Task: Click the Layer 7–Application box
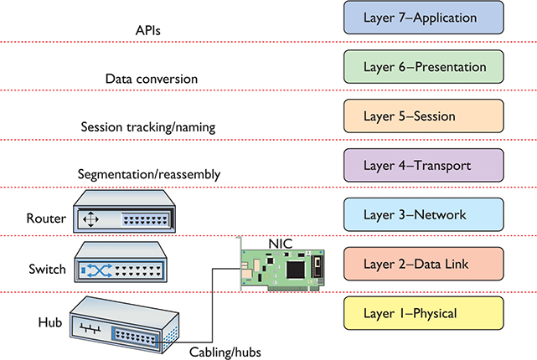pos(423,18)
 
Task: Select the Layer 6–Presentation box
pos(423,66)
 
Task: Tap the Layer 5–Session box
pos(423,116)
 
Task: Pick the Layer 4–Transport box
pos(423,165)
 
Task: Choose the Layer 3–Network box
pos(423,214)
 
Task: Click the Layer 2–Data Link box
pos(423,264)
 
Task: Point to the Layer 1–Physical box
pos(423,313)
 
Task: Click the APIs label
pos(148,30)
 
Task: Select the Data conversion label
pos(151,79)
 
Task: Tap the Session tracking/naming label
pos(148,127)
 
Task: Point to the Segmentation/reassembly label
pos(148,175)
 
